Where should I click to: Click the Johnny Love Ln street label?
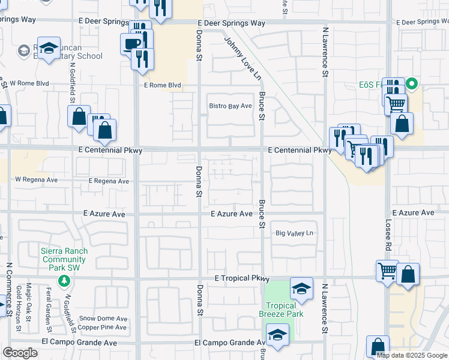(x=244, y=59)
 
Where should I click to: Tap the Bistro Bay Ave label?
(x=230, y=106)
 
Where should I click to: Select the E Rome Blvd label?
(x=162, y=85)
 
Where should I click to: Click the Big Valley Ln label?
(x=295, y=233)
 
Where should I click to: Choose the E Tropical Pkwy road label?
(x=242, y=279)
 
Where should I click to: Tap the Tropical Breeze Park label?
(x=281, y=309)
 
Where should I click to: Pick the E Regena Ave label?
(x=109, y=181)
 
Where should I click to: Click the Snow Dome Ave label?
(x=103, y=319)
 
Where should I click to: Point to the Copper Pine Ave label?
(x=103, y=328)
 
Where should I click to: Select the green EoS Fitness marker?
(x=412, y=83)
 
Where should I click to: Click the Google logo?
(x=20, y=353)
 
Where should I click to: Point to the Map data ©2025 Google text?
(x=411, y=355)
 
